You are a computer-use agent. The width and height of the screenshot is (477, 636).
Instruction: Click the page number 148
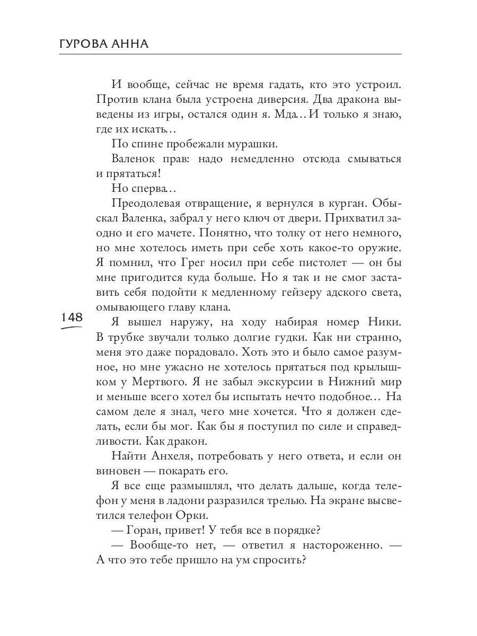click(x=72, y=317)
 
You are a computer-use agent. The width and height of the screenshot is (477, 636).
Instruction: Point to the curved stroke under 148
click(x=72, y=328)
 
